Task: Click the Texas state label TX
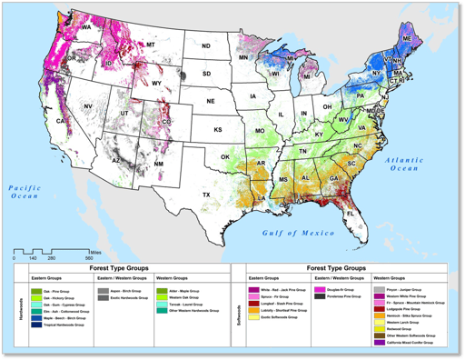[x=205, y=195]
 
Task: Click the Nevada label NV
[x=88, y=107]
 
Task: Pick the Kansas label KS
[x=218, y=129]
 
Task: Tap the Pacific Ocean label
[x=25, y=190]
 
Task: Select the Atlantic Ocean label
[x=405, y=164]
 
